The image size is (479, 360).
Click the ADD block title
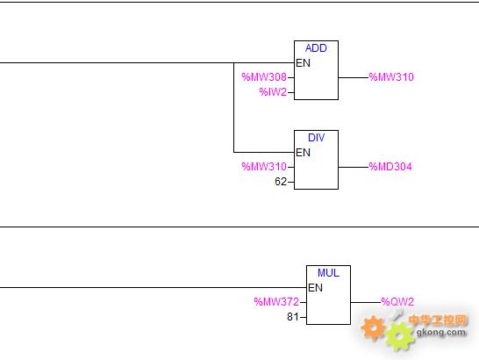[316, 48]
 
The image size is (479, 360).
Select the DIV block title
[316, 138]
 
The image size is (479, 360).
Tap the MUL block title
[328, 273]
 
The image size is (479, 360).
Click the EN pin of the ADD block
[303, 63]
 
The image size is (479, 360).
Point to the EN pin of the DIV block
[303, 152]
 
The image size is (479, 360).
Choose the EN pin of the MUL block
[315, 287]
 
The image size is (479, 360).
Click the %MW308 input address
[264, 77]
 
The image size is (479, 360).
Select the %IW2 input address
[273, 92]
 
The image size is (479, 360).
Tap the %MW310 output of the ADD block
[391, 77]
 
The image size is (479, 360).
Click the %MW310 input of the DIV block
[264, 167]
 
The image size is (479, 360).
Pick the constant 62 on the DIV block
[281, 182]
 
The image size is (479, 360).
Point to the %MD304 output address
[390, 167]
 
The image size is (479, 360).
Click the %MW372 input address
[276, 302]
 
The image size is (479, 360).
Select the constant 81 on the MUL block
[293, 317]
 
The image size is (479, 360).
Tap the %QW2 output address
[397, 302]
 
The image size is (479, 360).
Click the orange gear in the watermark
[373, 328]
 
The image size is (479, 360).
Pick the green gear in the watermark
[399, 336]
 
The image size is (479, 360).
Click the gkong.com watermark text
[441, 332]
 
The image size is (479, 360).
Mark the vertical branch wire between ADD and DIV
[233, 107]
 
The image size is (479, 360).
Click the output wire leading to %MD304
[354, 167]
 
